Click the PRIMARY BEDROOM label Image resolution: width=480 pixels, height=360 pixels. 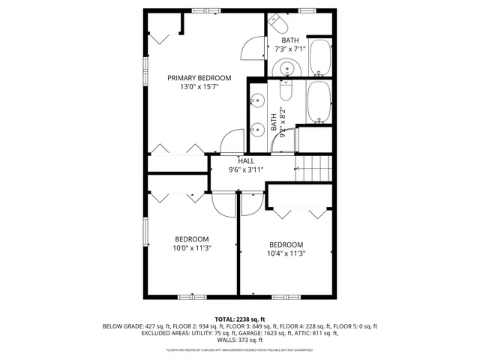click(x=199, y=78)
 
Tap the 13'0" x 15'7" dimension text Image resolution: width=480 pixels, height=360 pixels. click(x=199, y=88)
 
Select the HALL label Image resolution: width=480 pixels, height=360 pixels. click(x=245, y=160)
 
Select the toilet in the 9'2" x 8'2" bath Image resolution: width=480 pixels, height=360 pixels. click(x=286, y=91)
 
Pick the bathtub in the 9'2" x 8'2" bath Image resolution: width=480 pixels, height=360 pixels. click(x=319, y=103)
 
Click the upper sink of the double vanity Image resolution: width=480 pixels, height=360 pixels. click(x=257, y=100)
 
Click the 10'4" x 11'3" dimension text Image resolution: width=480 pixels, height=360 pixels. click(x=286, y=253)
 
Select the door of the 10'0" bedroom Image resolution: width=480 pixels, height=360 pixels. click(x=223, y=202)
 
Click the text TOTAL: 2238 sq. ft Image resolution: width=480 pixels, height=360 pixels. click(x=239, y=319)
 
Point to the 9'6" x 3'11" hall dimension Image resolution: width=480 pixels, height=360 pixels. click(x=245, y=169)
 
